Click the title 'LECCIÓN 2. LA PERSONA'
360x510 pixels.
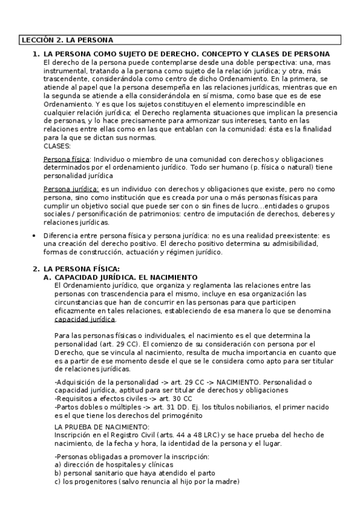67,40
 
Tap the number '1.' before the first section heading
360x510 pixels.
35,54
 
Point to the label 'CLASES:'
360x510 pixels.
58,146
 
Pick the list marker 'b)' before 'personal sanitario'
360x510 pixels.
58,473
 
